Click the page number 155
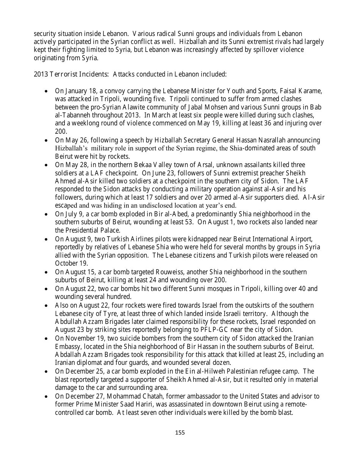click(180, 432)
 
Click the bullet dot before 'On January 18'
click(46, 91)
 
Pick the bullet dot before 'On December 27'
click(46, 397)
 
